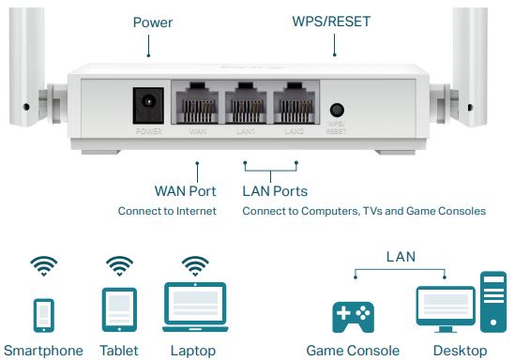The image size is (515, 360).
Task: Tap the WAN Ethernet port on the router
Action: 198,100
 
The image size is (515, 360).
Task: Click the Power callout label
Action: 153,22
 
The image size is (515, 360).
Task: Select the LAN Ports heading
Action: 275,191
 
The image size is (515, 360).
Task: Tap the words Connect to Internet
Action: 167,211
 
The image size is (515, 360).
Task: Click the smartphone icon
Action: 44,315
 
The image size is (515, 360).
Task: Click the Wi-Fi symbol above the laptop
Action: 194,265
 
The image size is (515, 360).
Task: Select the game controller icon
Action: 354,315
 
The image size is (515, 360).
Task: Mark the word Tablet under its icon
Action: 119,351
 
